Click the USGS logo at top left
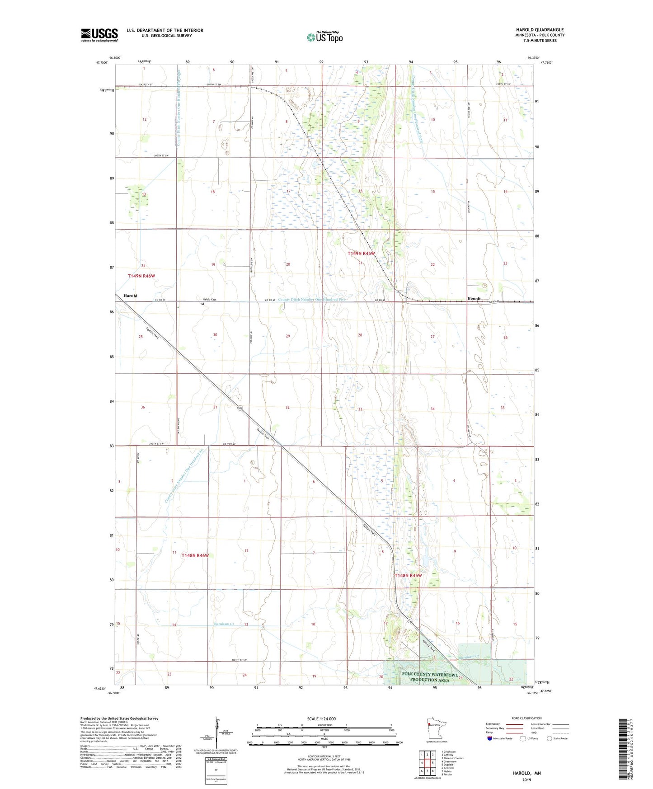(x=99, y=34)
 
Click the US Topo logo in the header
(x=324, y=37)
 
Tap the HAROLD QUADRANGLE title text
(x=540, y=30)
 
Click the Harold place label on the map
(x=130, y=296)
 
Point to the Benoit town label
(x=474, y=298)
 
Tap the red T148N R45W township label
(x=408, y=576)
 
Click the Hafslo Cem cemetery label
(x=210, y=300)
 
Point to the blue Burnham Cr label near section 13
(x=224, y=624)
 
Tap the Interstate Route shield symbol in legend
(x=490, y=738)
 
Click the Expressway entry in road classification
(x=493, y=724)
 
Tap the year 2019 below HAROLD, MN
(x=526, y=780)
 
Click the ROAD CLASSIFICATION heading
(x=526, y=718)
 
